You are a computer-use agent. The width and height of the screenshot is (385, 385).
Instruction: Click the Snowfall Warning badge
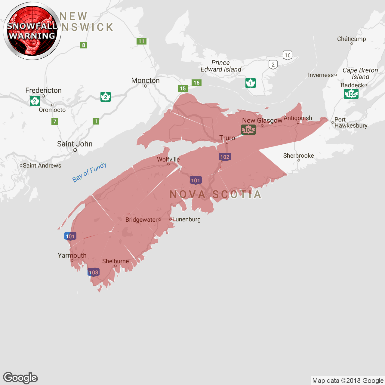coord(32,31)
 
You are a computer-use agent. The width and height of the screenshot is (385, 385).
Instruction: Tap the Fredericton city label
coord(43,91)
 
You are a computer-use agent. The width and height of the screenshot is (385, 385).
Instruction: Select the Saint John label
coord(75,144)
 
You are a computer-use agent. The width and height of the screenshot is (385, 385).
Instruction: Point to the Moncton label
coord(145,81)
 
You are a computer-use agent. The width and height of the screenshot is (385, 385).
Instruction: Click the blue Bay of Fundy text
coord(89,172)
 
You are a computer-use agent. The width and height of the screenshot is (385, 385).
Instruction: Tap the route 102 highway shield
coord(225,157)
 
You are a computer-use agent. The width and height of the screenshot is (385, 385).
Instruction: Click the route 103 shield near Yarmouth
coord(94,273)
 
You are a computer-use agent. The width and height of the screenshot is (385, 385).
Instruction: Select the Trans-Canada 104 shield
coord(248,130)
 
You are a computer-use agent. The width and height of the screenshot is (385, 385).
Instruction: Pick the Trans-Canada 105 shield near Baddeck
coord(351,94)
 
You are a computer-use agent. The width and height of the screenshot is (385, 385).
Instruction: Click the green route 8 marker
coord(84,45)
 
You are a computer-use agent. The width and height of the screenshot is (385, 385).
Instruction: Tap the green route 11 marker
coord(141,41)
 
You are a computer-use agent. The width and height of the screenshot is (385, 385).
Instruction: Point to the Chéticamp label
coord(351,39)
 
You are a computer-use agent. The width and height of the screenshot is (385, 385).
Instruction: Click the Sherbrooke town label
coord(298,156)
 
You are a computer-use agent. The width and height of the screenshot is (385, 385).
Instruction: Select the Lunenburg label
coord(186,219)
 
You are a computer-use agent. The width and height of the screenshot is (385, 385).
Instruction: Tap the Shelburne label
coord(115,261)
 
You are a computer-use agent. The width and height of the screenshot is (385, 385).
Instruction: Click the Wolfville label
coord(168,159)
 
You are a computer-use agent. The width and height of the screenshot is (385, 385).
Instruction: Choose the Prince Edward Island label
coord(221,66)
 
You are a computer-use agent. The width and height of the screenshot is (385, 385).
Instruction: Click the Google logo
coord(20,378)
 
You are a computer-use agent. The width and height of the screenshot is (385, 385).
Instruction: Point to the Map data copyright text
coord(348,380)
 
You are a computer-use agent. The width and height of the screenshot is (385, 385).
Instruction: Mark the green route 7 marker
coord(55,122)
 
